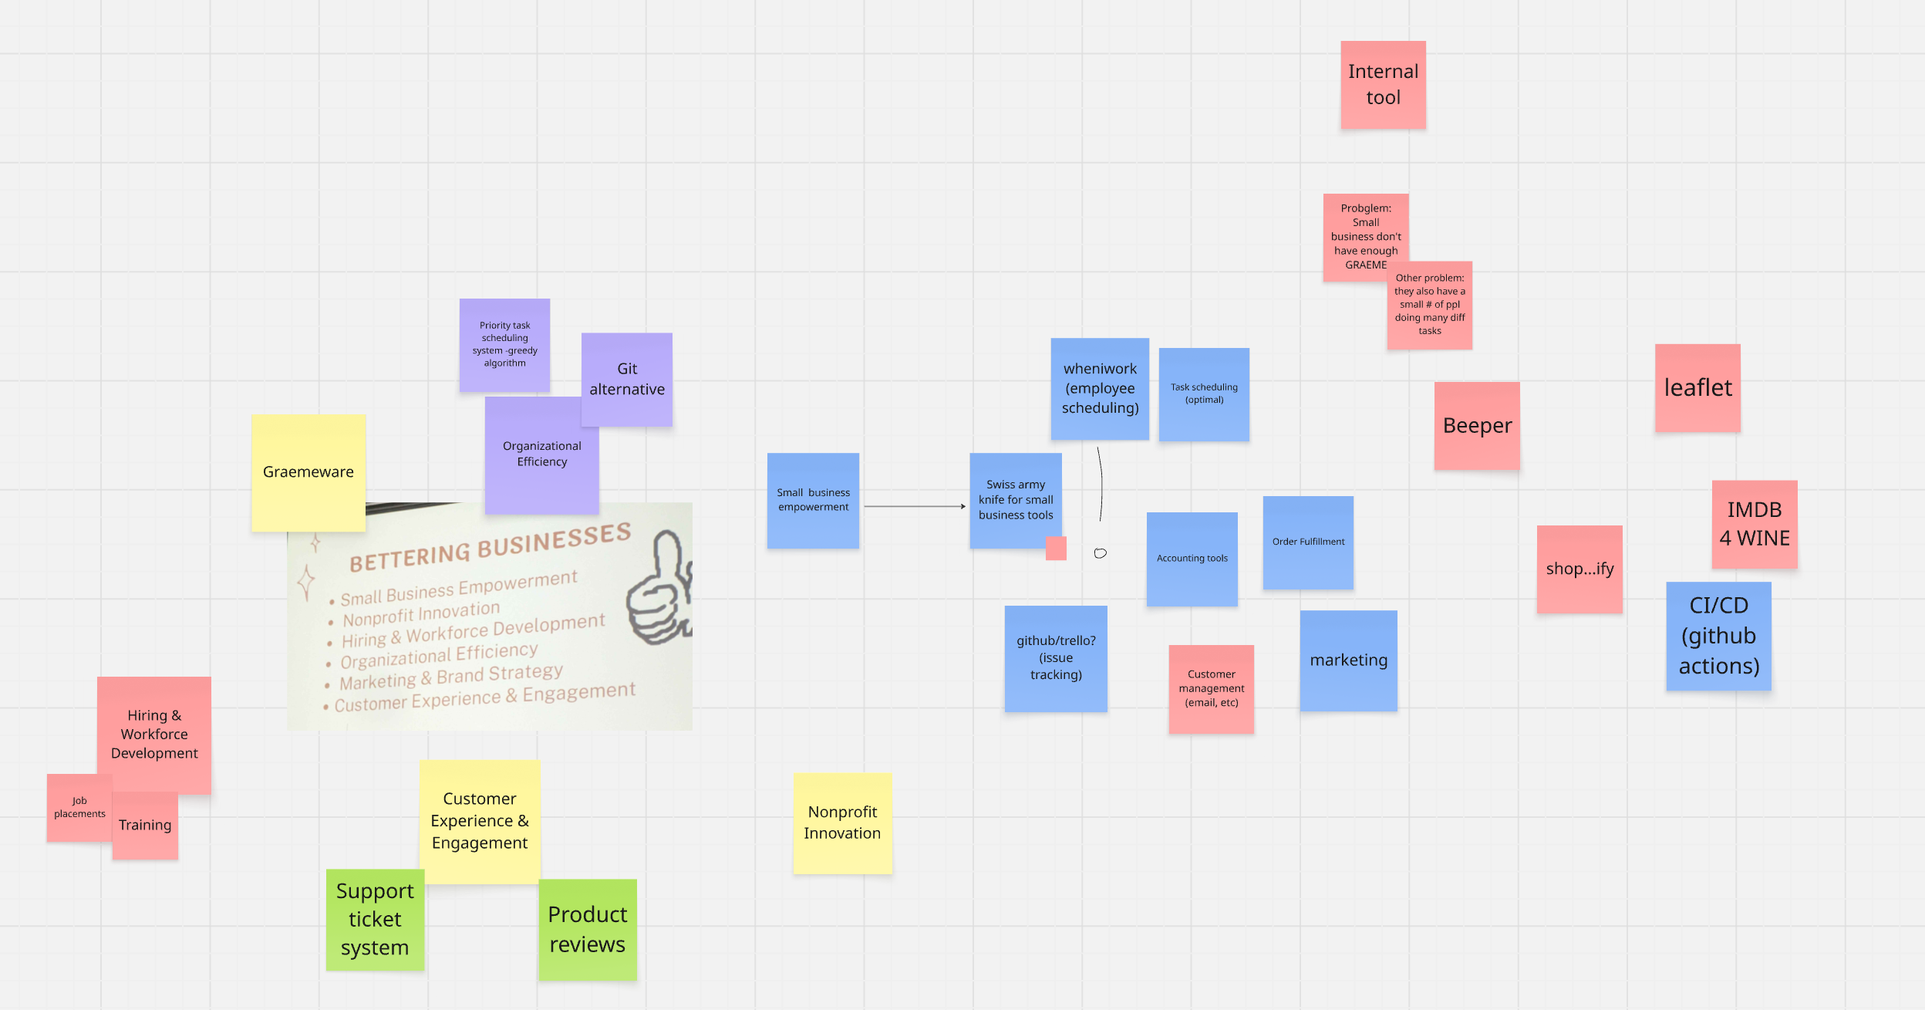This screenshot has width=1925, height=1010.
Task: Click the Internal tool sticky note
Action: point(1383,85)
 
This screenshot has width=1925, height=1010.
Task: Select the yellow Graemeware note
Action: point(308,472)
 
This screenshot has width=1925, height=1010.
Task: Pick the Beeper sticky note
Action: point(1477,426)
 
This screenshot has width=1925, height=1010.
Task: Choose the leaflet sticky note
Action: point(1697,387)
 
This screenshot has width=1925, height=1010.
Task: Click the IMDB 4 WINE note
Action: point(1755,524)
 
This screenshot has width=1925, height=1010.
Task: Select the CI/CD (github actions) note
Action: point(1718,636)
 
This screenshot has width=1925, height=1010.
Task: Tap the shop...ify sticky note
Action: point(1579,569)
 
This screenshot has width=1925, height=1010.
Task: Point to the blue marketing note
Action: point(1348,660)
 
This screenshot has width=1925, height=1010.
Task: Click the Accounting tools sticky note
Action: point(1192,559)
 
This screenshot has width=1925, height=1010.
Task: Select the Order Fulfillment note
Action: point(1308,542)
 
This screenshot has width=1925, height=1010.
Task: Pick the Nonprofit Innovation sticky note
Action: point(842,823)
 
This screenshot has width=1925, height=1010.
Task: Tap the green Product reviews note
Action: point(588,930)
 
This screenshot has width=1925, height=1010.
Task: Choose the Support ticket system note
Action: point(375,920)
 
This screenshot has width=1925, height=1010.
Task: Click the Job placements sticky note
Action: point(79,808)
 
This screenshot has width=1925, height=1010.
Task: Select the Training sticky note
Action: point(145,826)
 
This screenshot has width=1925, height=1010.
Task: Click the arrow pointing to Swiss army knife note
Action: point(915,506)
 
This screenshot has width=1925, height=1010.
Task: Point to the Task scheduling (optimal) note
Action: point(1204,394)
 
